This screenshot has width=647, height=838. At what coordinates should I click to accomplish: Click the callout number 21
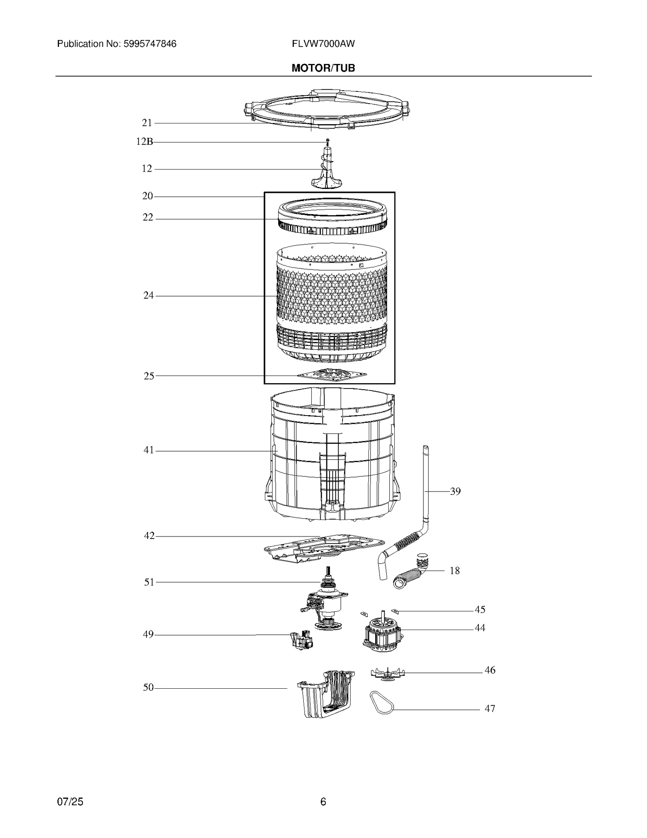147,123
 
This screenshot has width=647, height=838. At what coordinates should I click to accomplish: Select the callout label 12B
144,142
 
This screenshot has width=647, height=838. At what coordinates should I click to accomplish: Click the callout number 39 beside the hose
455,491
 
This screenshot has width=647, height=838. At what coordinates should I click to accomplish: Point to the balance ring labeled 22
332,220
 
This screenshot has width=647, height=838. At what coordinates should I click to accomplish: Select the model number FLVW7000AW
323,44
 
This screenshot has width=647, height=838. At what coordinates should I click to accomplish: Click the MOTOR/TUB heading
323,68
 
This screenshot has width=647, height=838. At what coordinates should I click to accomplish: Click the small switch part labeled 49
301,640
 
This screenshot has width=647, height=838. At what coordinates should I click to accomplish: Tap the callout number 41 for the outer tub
149,450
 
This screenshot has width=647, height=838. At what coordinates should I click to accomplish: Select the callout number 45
480,609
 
